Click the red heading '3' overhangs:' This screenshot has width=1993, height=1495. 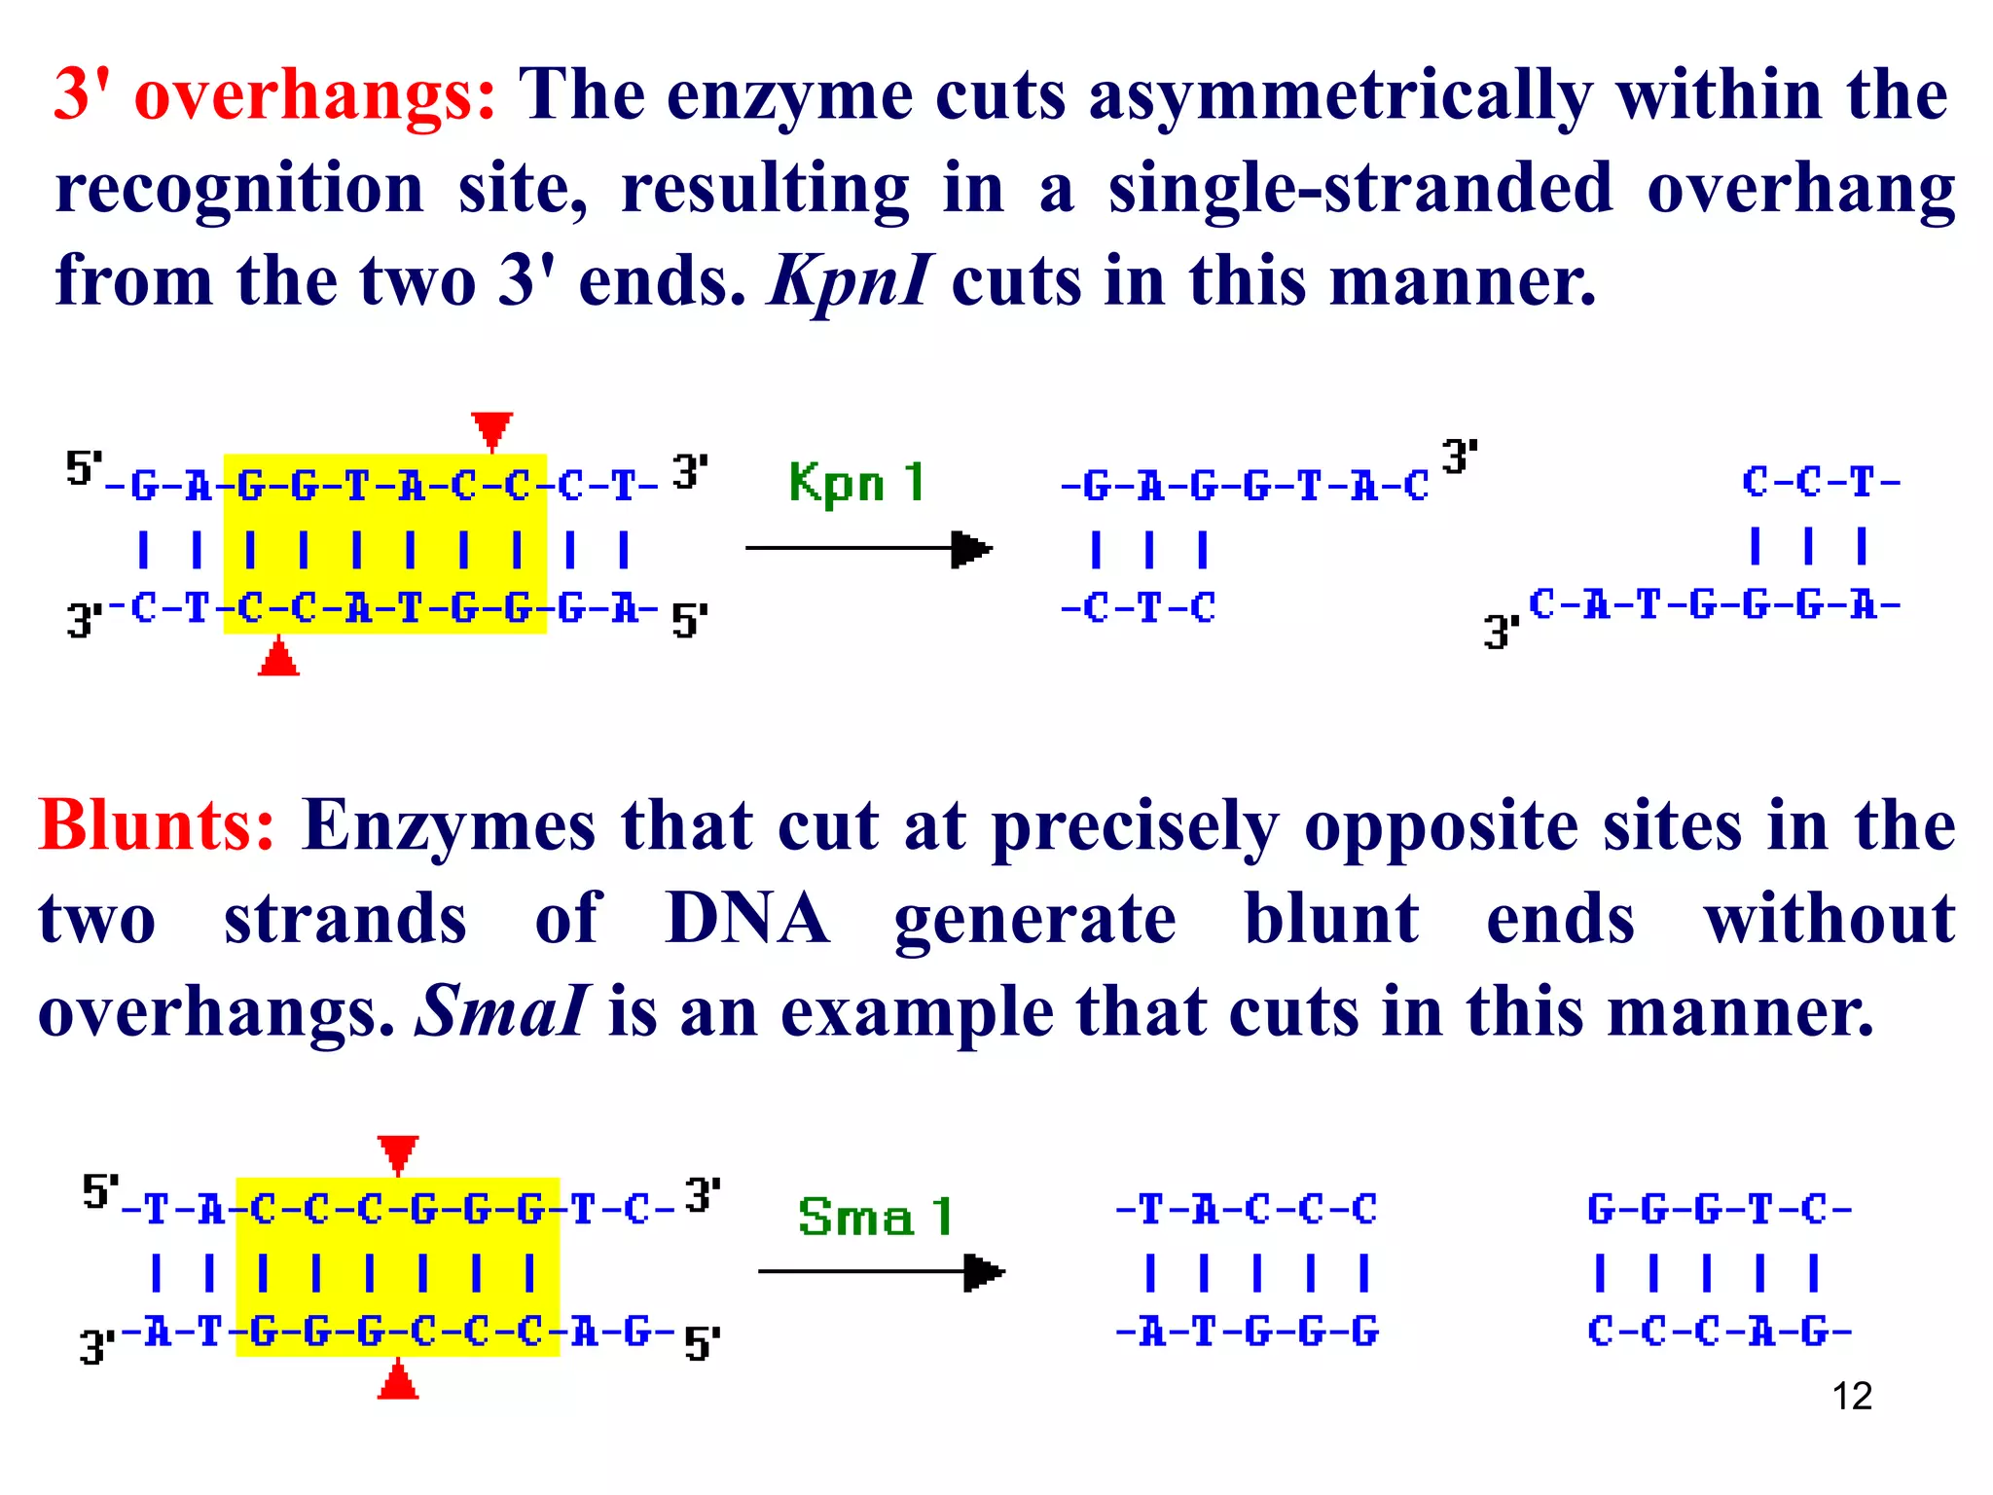click(274, 95)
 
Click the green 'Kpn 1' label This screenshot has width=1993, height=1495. click(855, 483)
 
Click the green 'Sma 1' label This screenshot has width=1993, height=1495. click(873, 1217)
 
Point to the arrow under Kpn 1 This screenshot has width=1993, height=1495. click(868, 549)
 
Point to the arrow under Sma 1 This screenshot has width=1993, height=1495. click(881, 1272)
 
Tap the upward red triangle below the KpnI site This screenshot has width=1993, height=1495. click(279, 658)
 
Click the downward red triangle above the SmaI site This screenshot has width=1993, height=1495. click(398, 1153)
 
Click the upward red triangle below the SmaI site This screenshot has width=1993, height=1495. click(398, 1381)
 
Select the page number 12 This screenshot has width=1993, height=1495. click(1852, 1397)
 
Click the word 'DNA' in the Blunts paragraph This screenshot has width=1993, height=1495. click(746, 919)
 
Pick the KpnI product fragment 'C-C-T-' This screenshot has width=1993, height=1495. click(1820, 483)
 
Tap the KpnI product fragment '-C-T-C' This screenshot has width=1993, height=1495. click(1138, 609)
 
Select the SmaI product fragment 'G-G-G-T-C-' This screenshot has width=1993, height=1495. click(1719, 1211)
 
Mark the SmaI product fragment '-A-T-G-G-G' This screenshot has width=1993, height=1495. click(1247, 1331)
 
